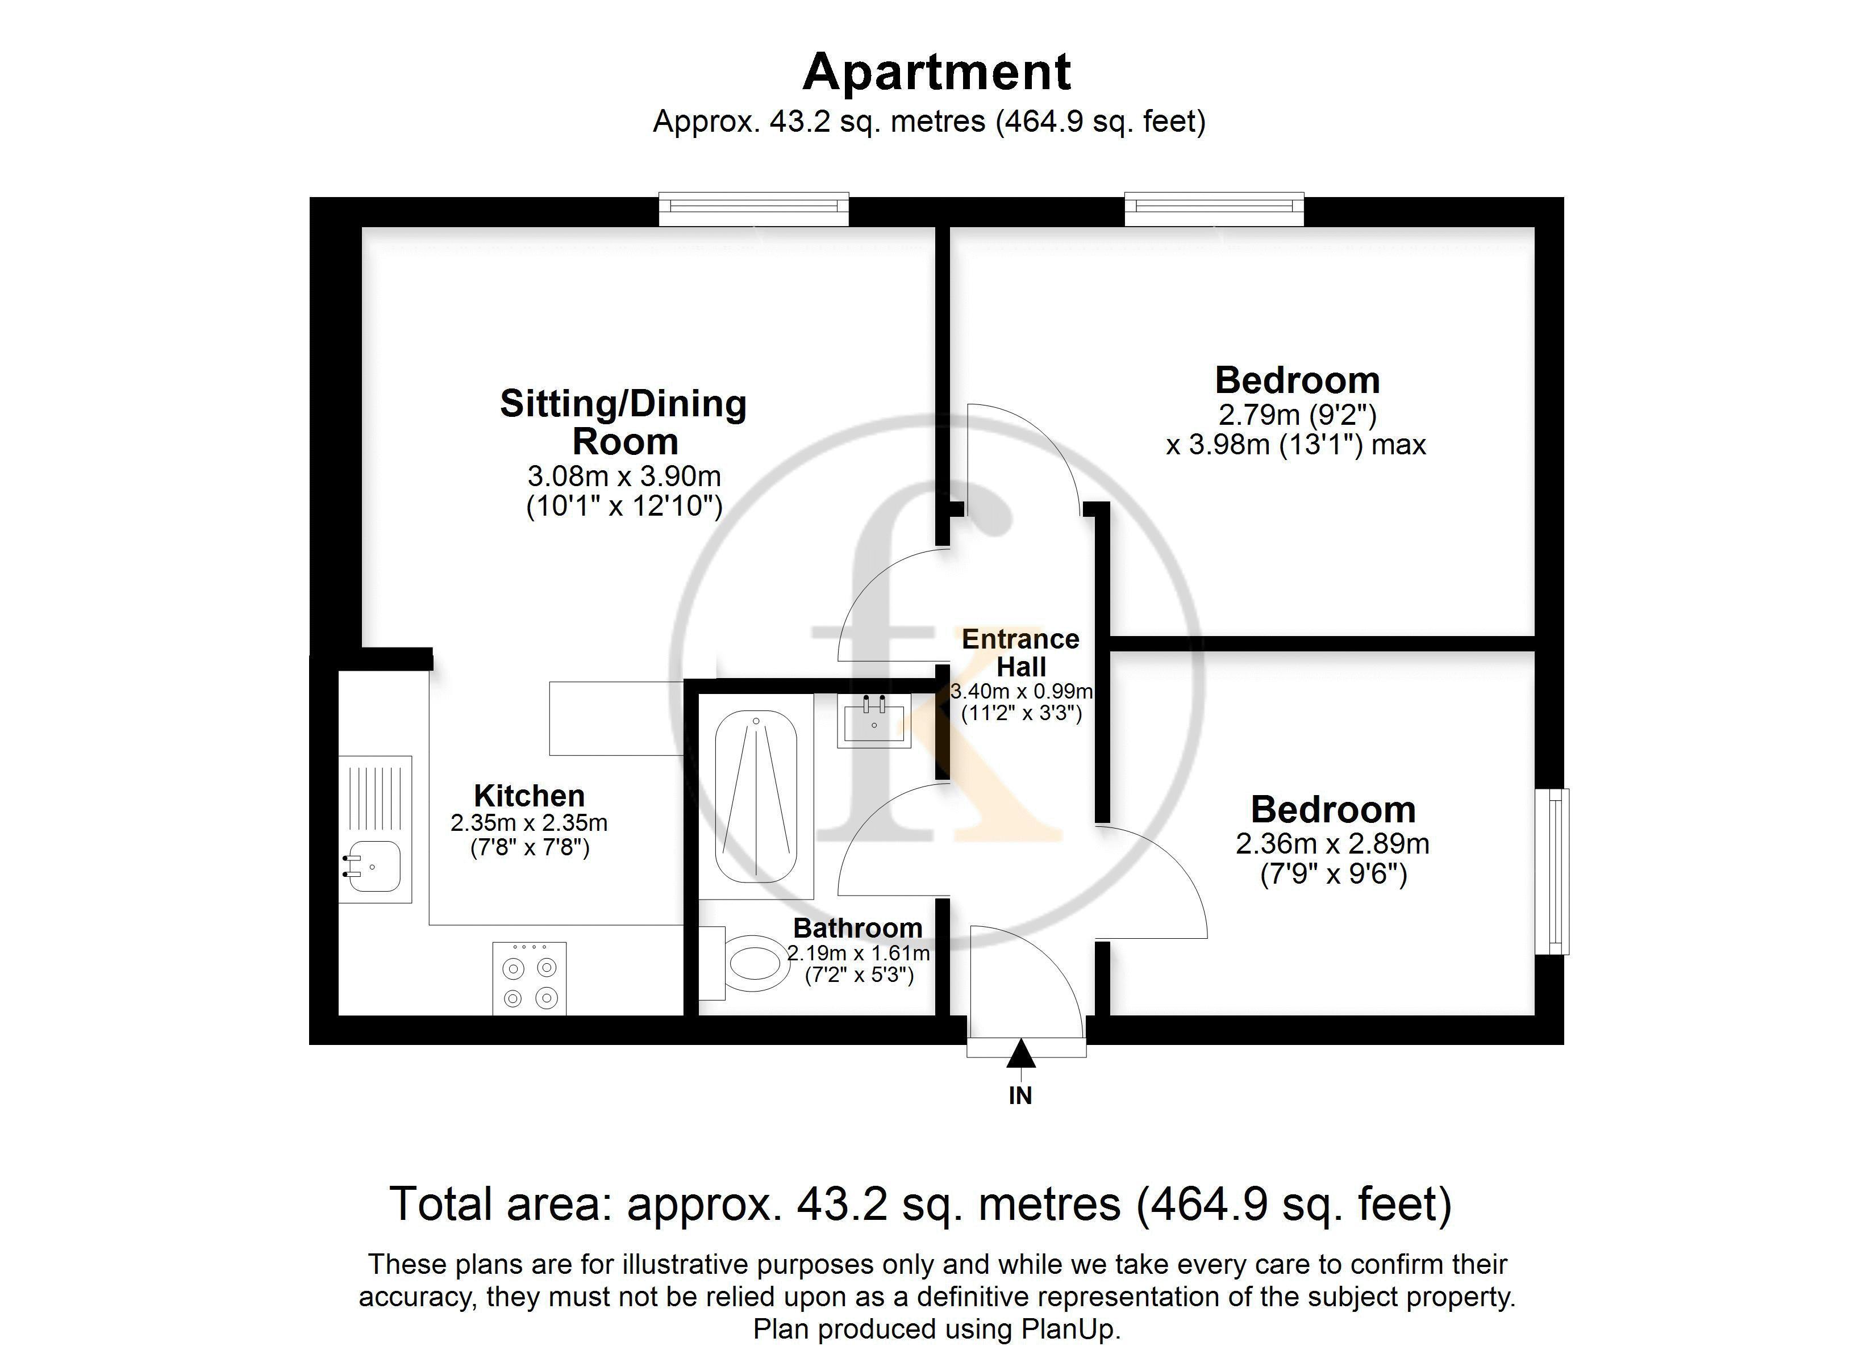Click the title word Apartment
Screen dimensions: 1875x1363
[937, 72]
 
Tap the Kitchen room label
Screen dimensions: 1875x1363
[529, 795]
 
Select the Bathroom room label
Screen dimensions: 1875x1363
[857, 928]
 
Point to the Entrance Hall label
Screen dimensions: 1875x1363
[1021, 653]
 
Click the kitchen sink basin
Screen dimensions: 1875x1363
[374, 866]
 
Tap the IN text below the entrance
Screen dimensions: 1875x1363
[1021, 1096]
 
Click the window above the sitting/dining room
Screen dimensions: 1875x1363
[754, 208]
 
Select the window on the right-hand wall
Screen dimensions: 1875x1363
[1553, 871]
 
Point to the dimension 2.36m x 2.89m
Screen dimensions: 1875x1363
[1333, 844]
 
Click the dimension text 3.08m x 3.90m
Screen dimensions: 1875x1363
[624, 476]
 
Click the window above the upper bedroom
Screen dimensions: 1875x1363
[1214, 208]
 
